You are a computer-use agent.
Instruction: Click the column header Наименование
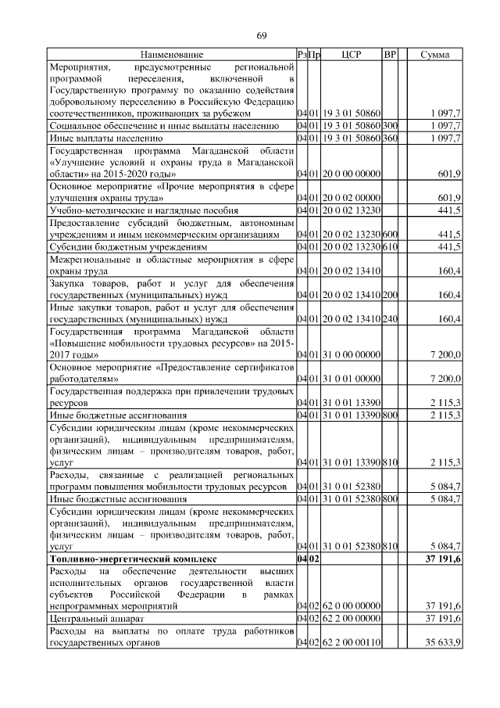click(x=172, y=55)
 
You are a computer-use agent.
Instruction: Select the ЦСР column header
click(x=351, y=55)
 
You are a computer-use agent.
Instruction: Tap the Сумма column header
click(x=434, y=55)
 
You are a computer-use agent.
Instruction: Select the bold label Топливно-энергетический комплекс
click(x=131, y=560)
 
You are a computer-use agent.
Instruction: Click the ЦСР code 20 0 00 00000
click(x=351, y=174)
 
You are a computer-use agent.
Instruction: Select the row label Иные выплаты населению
click(x=96, y=138)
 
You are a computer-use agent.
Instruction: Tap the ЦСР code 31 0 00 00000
click(x=351, y=355)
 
